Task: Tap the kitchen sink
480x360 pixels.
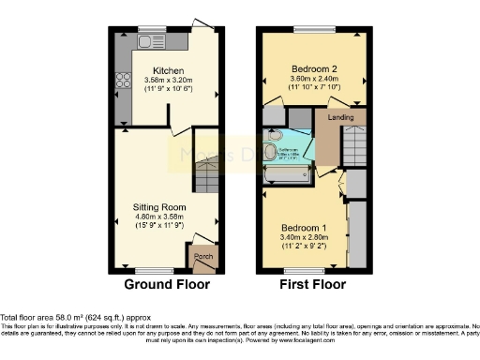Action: tap(147, 41)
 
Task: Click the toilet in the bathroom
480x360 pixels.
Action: tap(270, 151)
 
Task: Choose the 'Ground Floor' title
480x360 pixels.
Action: tap(166, 284)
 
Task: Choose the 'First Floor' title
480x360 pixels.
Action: tap(313, 284)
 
